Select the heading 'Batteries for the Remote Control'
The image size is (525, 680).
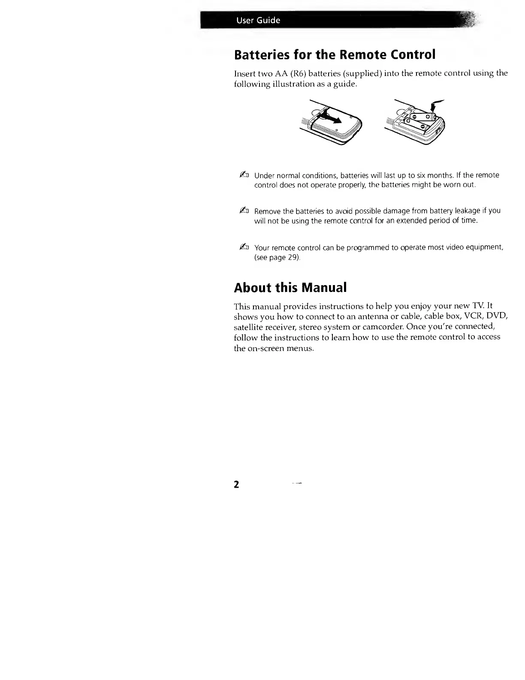335,55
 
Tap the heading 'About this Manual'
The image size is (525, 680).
290,287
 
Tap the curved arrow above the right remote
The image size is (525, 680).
437,105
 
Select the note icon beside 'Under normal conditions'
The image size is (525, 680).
243,174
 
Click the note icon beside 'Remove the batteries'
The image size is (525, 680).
243,210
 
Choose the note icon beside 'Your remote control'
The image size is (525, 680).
243,247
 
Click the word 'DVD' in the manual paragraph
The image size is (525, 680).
498,317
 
